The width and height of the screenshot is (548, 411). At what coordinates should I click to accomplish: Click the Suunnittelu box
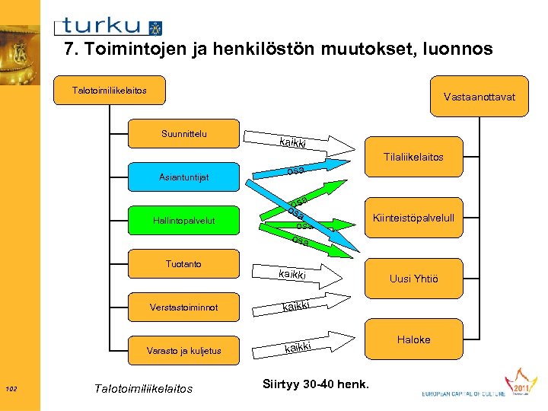pyautogui.click(x=184, y=134)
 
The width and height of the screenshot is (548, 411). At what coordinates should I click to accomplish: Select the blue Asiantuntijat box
pyautogui.click(x=184, y=177)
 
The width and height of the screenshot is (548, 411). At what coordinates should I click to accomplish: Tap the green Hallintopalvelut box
pyautogui.click(x=184, y=221)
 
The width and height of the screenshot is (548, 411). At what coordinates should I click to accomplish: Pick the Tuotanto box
pyautogui.click(x=184, y=264)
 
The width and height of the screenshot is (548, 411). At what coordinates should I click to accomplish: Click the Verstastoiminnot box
pyautogui.click(x=184, y=307)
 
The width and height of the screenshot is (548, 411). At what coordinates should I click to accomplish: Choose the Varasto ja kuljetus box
pyautogui.click(x=184, y=351)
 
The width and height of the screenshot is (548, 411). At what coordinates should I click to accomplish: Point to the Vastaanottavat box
pyautogui.click(x=479, y=97)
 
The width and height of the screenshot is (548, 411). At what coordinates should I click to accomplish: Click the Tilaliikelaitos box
pyautogui.click(x=413, y=158)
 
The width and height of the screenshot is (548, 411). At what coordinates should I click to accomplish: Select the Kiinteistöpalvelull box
pyautogui.click(x=413, y=218)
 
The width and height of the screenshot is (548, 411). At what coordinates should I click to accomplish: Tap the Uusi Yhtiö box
pyautogui.click(x=413, y=279)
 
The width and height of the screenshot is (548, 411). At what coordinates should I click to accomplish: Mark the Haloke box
pyautogui.click(x=413, y=339)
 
